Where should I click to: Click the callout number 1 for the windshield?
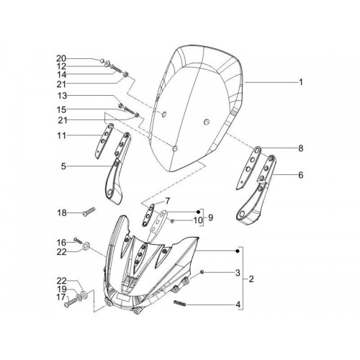[x=300, y=82]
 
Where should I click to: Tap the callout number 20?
[x=61, y=58]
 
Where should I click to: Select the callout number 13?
[x=62, y=96]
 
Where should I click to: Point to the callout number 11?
[x=62, y=135]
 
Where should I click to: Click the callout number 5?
[x=63, y=166]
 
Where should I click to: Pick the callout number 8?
[x=301, y=148]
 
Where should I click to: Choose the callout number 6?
[x=301, y=175]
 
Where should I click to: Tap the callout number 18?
[x=62, y=212]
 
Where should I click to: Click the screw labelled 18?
[x=89, y=212]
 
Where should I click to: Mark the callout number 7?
[x=167, y=201]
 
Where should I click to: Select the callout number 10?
[x=198, y=220]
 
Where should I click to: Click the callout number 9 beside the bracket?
[x=210, y=218]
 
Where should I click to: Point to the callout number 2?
[x=251, y=279]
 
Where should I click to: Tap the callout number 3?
[x=238, y=273]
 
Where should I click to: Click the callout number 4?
[x=238, y=305]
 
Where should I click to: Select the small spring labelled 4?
[x=179, y=303]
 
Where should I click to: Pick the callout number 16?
[x=61, y=243]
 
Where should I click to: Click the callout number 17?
[x=61, y=297]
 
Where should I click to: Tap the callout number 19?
[x=61, y=289]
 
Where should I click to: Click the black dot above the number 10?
[x=198, y=212]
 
